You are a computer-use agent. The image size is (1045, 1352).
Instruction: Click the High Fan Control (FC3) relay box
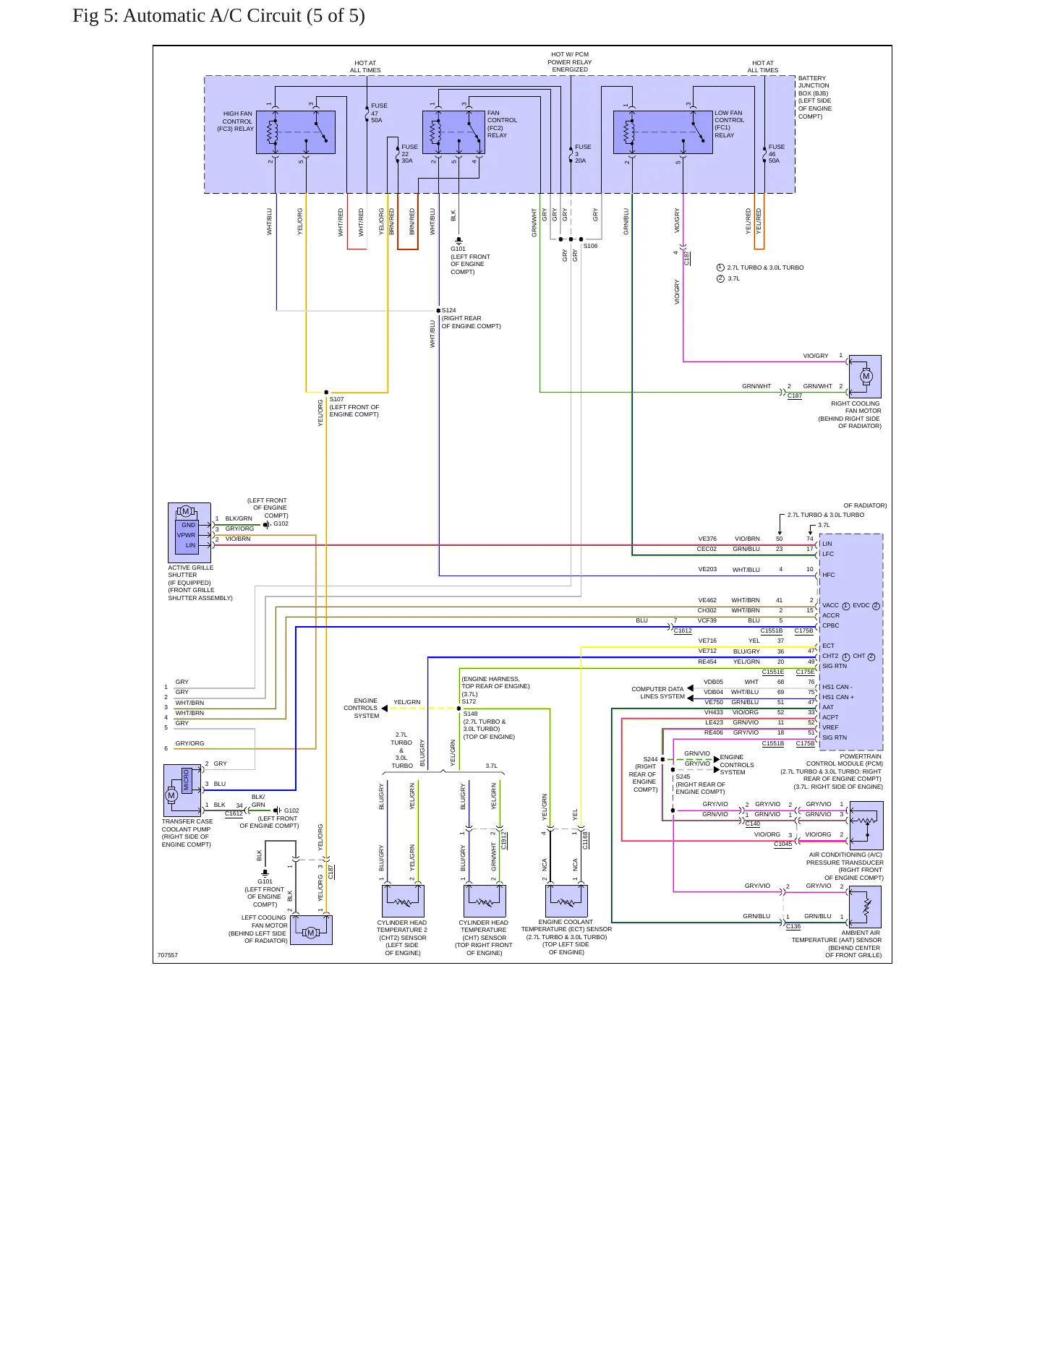click(296, 132)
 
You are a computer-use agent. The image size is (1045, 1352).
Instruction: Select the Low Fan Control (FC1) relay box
click(663, 132)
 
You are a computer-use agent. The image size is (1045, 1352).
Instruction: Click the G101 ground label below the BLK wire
click(458, 249)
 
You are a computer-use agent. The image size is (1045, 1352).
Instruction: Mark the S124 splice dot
click(438, 311)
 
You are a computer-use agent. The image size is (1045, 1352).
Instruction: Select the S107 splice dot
click(326, 393)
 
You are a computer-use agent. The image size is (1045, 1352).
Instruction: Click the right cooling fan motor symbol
click(866, 376)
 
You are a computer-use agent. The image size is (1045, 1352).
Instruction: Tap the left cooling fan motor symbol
click(311, 930)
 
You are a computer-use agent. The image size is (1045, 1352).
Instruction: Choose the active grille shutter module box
click(189, 533)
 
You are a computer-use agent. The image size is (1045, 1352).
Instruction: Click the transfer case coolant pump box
click(182, 791)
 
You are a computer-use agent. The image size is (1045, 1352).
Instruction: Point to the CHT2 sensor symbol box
click(403, 901)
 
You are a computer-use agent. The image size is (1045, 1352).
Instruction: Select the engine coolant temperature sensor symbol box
click(566, 901)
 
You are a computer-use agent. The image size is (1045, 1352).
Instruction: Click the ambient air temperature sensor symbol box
click(866, 907)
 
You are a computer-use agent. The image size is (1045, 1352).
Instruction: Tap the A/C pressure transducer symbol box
click(866, 826)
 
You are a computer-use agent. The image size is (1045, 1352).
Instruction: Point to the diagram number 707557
click(168, 955)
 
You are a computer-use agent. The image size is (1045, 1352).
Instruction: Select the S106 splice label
click(591, 246)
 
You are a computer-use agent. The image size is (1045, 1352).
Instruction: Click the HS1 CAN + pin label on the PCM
click(838, 697)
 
